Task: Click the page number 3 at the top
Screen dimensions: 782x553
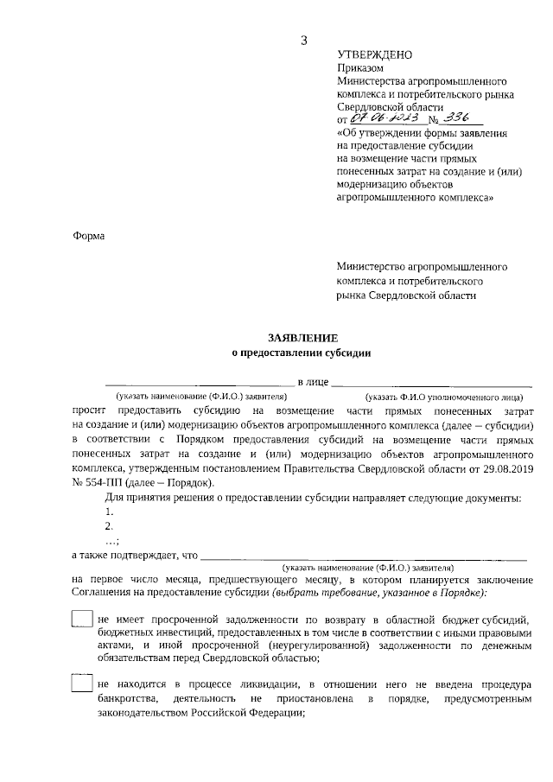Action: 302,40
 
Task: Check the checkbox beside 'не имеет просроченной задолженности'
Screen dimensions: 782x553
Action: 82,620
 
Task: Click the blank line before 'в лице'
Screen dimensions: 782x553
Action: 199,383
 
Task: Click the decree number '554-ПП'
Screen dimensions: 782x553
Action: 105,482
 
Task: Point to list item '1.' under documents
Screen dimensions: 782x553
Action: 109,512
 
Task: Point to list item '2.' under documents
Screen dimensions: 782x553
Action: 109,526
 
